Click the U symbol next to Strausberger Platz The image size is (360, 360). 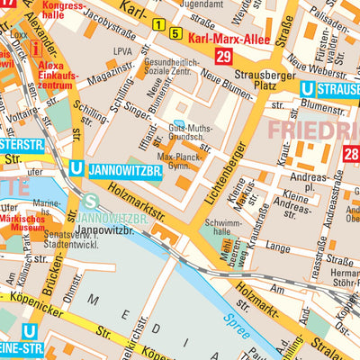(x=308, y=88)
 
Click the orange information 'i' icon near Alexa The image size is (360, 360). (x=36, y=47)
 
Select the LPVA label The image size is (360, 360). (x=124, y=52)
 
